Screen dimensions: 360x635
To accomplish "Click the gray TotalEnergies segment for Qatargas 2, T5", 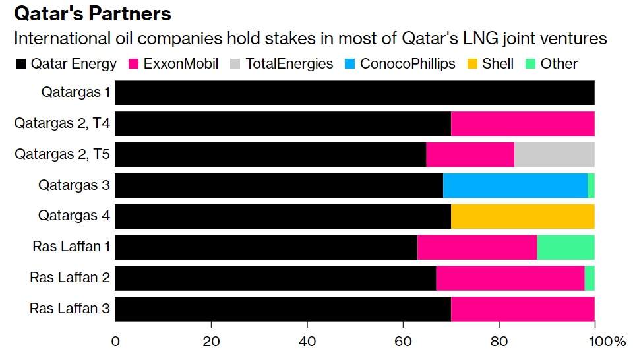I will click(554, 154).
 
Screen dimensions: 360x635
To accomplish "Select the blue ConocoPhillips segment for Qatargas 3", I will click(515, 185).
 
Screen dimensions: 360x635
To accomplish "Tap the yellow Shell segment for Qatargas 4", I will click(523, 216).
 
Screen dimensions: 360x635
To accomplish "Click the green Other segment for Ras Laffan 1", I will click(566, 247).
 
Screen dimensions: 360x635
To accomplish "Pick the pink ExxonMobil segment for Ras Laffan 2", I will click(510, 278).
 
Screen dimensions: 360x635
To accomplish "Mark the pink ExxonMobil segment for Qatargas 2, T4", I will click(523, 123).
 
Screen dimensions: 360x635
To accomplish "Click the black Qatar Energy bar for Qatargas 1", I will click(355, 93).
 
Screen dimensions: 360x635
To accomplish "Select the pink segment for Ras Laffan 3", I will click(523, 309).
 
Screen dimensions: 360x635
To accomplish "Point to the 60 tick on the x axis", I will click(403, 342).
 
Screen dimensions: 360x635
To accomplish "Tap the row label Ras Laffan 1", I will click(71, 247).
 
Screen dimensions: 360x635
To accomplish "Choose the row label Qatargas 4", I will click(74, 216).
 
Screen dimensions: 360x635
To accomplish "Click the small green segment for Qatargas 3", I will click(591, 185).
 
